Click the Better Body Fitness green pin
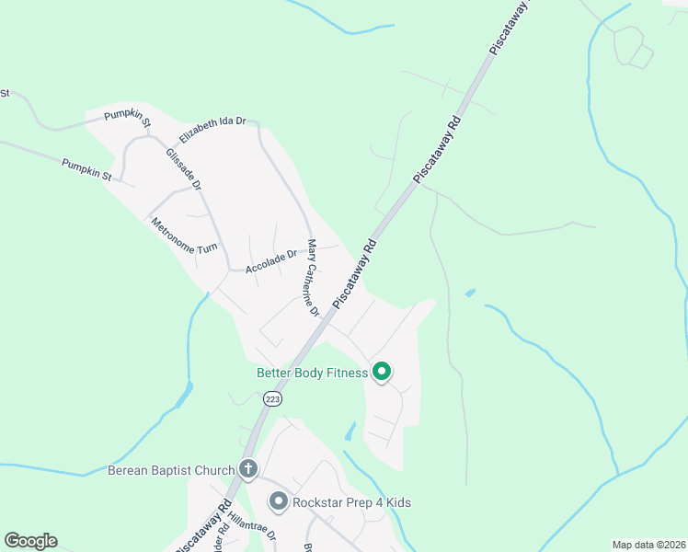pos(382,372)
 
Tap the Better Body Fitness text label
pos(312,373)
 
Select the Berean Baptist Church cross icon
pos(247,469)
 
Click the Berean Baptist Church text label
pos(171,470)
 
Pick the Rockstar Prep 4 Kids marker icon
pos(278,501)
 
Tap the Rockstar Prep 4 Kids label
pos(350,502)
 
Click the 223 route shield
pos(271,398)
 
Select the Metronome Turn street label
pos(184,236)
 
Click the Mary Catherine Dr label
pos(313,278)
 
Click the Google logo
pos(30,541)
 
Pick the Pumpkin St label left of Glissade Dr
pos(86,169)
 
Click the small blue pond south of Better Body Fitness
pos(350,431)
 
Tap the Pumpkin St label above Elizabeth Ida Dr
pos(128,115)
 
